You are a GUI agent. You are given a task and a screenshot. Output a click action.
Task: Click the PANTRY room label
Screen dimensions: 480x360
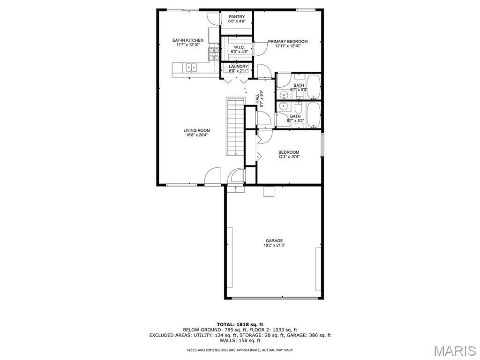point(237,16)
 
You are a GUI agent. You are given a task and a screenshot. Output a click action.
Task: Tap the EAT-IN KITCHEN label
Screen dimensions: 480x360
point(187,40)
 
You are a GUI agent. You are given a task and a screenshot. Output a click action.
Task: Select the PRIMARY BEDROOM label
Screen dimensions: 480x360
point(288,41)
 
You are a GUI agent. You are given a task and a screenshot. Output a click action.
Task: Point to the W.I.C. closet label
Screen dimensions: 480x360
point(239,47)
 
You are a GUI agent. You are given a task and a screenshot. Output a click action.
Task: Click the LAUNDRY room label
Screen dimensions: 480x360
point(238,67)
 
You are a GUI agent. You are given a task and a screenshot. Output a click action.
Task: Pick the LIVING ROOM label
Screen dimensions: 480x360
point(197,130)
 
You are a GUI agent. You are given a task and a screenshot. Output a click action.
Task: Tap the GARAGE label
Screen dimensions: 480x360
point(274,240)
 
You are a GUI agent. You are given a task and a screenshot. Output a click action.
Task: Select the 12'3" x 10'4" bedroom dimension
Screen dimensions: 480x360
point(289,157)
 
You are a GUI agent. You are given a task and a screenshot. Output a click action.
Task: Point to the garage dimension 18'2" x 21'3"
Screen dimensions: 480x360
point(274,245)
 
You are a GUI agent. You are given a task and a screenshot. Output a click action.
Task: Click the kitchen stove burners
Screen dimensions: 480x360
point(214,53)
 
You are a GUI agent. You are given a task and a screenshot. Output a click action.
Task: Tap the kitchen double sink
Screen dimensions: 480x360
point(192,67)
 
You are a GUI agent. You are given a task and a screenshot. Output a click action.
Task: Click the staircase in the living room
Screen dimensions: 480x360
point(236,127)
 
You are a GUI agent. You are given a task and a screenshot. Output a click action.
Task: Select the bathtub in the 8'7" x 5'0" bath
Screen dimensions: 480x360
point(313,87)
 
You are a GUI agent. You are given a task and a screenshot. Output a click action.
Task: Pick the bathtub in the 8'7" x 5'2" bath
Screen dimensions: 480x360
point(313,115)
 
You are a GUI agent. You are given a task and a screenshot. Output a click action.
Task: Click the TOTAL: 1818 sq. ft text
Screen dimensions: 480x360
point(240,324)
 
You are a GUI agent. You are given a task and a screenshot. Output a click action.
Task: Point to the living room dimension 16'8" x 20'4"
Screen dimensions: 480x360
point(197,135)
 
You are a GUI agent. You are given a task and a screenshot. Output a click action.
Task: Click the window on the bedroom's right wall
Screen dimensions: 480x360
point(322,144)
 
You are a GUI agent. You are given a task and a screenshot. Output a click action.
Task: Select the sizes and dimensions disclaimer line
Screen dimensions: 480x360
point(240,350)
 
